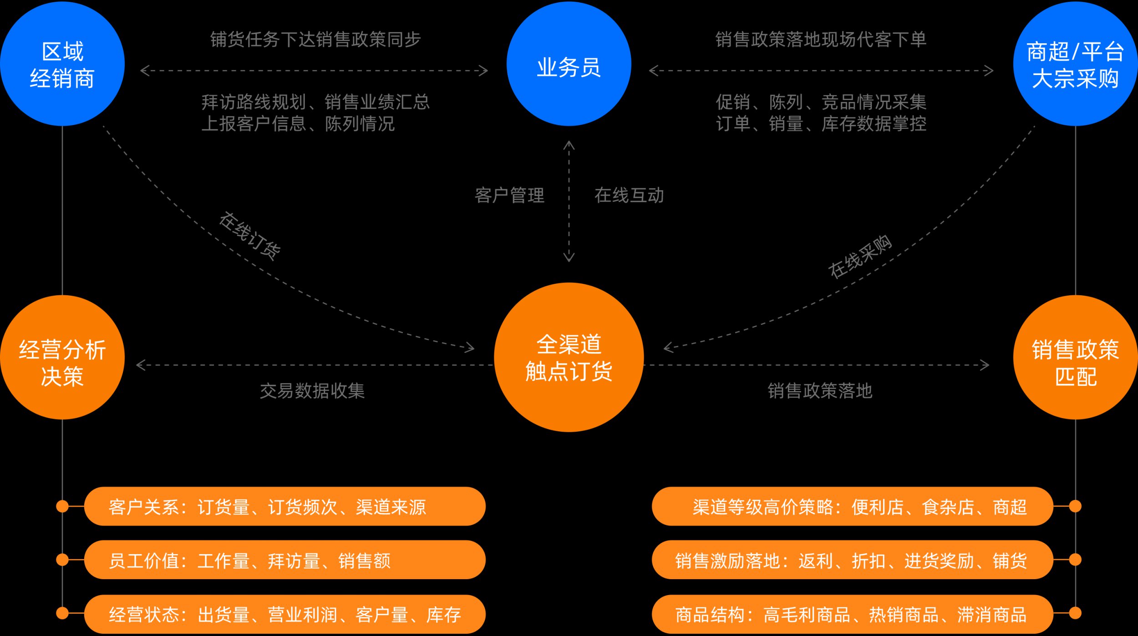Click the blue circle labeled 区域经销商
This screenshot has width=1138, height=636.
point(62,64)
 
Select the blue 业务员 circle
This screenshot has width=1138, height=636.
point(569,64)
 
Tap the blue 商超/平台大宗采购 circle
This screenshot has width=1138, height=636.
point(1075,64)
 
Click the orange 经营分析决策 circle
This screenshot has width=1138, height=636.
point(62,357)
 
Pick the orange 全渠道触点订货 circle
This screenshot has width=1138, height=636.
point(569,357)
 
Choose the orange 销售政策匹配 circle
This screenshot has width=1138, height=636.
point(1075,357)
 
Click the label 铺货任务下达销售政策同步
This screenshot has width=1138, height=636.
point(315,40)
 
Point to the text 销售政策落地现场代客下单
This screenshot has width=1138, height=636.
point(821,40)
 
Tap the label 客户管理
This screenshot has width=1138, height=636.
point(509,195)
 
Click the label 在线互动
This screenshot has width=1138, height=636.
point(629,195)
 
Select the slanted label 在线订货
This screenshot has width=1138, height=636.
point(249,236)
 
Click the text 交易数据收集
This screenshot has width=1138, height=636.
point(312,390)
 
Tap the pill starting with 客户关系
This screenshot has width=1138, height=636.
point(284,506)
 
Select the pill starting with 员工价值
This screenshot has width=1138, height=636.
point(284,560)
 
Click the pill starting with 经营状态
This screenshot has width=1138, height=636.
point(284,614)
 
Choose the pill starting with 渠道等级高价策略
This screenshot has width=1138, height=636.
point(852,506)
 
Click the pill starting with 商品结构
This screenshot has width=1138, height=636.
point(852,614)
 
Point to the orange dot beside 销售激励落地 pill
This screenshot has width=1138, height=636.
point(1075,560)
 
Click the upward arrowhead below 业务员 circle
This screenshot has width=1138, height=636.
point(569,145)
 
